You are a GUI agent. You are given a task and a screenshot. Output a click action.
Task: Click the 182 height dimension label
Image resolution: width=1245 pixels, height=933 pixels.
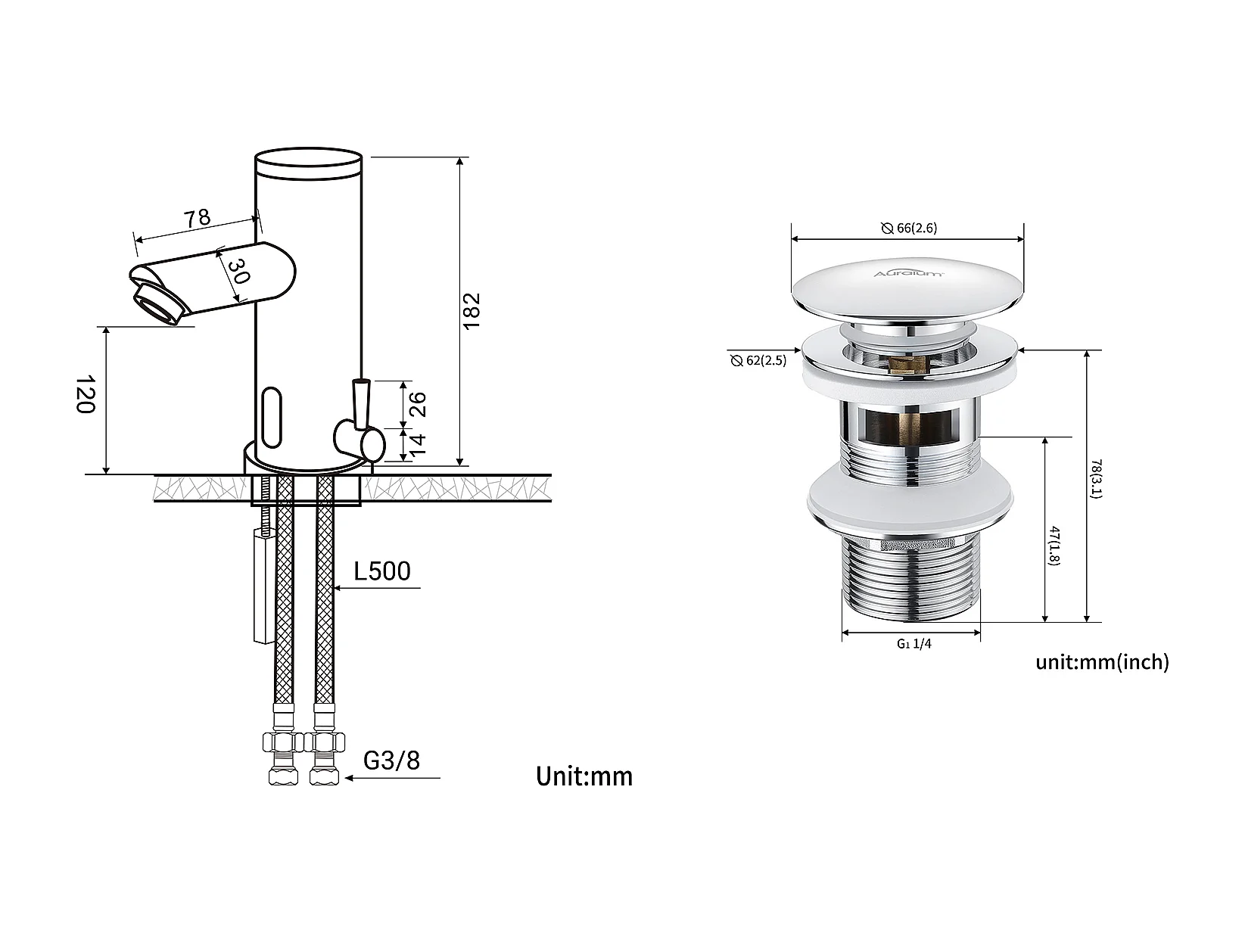[x=472, y=311]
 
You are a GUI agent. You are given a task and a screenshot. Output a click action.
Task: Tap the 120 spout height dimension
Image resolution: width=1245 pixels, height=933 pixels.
[x=86, y=394]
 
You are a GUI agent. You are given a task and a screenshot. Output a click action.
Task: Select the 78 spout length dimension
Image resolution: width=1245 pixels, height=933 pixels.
[x=197, y=218]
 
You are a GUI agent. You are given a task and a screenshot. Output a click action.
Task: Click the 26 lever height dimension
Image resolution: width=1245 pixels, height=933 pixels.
[x=417, y=404]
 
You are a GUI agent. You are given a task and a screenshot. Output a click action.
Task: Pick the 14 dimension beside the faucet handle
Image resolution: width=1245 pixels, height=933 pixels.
[x=417, y=445]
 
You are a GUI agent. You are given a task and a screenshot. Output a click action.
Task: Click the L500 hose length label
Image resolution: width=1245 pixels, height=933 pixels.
[x=381, y=571]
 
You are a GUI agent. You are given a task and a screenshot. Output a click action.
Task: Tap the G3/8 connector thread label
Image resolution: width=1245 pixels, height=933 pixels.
[x=391, y=760]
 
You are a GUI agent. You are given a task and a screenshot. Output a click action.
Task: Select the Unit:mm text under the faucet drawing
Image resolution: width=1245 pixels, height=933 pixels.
[x=584, y=776]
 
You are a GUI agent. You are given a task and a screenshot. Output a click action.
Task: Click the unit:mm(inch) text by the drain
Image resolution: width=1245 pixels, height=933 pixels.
[x=1102, y=662]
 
